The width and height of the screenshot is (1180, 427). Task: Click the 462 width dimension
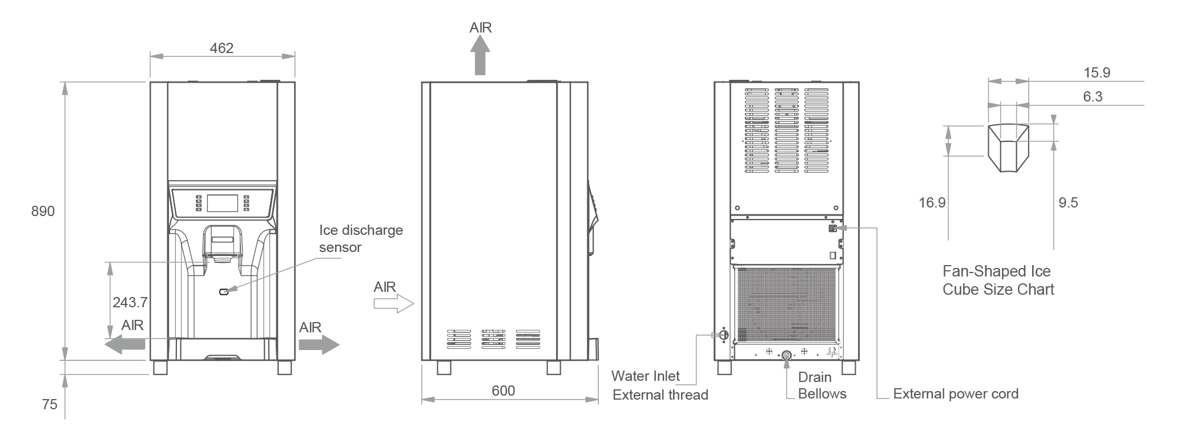click(221, 48)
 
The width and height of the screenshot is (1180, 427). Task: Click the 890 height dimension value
click(43, 212)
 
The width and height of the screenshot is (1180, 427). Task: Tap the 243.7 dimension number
click(130, 302)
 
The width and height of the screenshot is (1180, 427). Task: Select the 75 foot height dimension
click(50, 405)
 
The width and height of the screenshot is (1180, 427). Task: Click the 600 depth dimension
click(503, 391)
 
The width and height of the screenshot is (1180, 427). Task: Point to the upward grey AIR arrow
click(480, 55)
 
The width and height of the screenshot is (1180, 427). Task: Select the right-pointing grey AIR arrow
click(319, 344)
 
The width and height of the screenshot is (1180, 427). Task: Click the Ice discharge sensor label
click(361, 238)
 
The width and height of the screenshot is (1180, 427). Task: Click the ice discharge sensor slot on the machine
click(225, 292)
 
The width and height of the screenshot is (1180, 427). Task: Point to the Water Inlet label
click(645, 376)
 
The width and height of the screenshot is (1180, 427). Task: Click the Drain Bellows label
click(821, 385)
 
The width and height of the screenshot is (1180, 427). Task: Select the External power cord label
click(956, 394)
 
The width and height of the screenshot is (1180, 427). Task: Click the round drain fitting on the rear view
click(786, 356)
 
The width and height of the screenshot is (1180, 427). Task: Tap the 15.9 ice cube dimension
click(1097, 73)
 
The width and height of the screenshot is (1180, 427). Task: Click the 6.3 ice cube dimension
click(1093, 97)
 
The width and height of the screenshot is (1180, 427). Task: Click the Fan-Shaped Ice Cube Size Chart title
click(998, 280)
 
